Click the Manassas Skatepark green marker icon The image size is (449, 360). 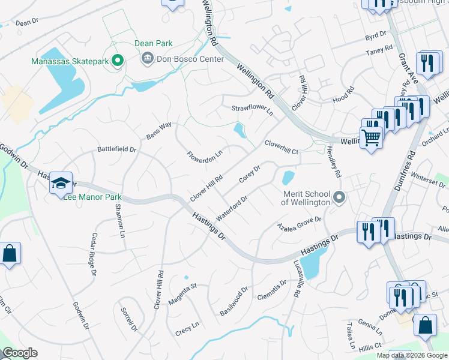[x=118, y=60]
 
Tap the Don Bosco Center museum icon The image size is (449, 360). [x=147, y=59]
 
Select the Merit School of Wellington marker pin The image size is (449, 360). [x=340, y=197]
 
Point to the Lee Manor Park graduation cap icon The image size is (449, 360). [x=61, y=183]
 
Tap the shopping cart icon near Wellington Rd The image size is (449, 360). [x=372, y=137]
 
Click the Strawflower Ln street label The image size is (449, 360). [x=252, y=110]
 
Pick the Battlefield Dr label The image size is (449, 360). [x=117, y=149]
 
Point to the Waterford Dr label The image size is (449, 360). [x=232, y=206]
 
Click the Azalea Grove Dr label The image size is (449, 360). [x=299, y=224]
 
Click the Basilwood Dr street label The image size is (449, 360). [x=234, y=302]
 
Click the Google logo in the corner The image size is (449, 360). [x=20, y=353]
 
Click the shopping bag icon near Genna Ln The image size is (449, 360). [x=425, y=325]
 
